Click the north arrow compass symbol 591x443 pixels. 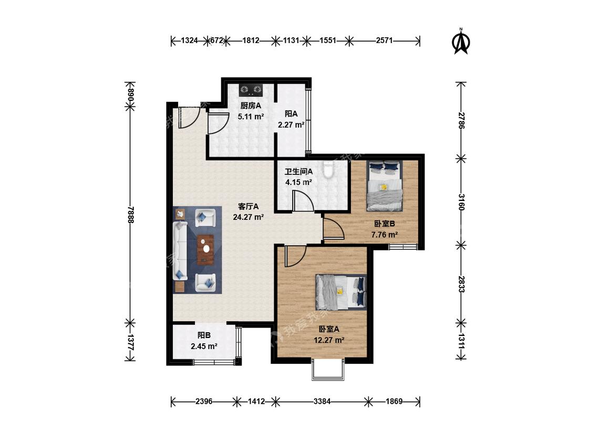point(461,41)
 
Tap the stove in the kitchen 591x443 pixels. point(251,89)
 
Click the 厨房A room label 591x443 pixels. point(251,106)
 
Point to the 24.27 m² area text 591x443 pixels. point(248,217)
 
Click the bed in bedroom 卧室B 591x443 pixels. point(385,186)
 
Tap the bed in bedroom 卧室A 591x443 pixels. point(341,291)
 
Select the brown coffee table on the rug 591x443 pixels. point(205,250)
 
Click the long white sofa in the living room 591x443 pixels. point(180,251)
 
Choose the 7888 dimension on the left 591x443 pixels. point(130,215)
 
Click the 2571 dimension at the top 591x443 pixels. point(384,40)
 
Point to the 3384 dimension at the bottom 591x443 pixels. point(322,402)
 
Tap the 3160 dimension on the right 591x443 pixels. point(461,202)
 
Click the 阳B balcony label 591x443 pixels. point(204,335)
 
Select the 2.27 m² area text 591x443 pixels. point(291,125)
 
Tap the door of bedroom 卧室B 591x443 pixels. point(334,228)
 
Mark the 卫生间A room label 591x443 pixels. point(298,172)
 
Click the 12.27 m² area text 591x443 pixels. point(329,340)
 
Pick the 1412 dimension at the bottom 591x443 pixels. point(256,402)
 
